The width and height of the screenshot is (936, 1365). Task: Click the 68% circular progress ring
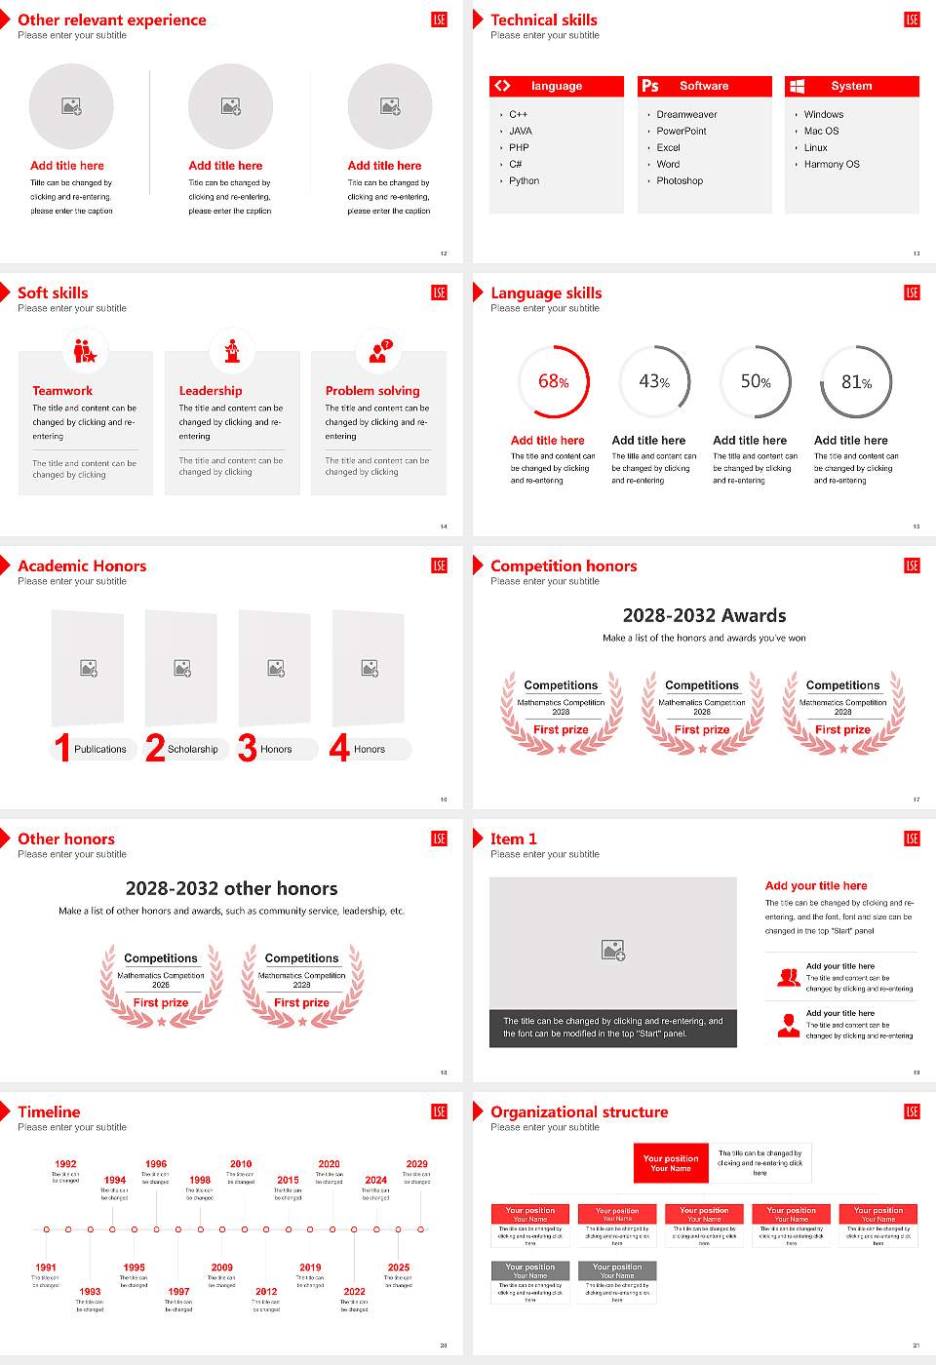pos(553,381)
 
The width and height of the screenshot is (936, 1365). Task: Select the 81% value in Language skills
pos(856,382)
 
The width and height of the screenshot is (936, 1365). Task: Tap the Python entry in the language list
pos(524,181)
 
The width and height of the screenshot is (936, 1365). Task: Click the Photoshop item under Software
pos(680,181)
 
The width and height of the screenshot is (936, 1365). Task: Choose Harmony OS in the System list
pos(832,165)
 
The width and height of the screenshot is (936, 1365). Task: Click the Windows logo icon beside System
pos(798,86)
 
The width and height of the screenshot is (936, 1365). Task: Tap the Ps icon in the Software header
pos(650,86)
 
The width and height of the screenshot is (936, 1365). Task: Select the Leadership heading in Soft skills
pos(211,390)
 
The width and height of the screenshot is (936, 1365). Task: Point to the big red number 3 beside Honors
pos(247,748)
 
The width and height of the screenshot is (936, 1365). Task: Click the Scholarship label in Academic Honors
pos(192,749)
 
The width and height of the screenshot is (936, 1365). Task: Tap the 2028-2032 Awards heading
pos(704,615)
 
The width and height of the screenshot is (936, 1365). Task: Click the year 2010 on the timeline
pos(241,1163)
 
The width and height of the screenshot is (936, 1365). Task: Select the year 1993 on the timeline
pos(90,1291)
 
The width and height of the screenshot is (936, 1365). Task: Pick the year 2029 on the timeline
pos(416,1163)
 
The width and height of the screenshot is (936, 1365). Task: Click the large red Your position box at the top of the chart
pos(671,1163)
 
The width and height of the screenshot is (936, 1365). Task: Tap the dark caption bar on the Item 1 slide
pos(612,1028)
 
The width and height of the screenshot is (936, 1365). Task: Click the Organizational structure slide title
pos(579,1111)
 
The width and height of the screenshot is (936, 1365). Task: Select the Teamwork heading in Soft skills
pos(62,390)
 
